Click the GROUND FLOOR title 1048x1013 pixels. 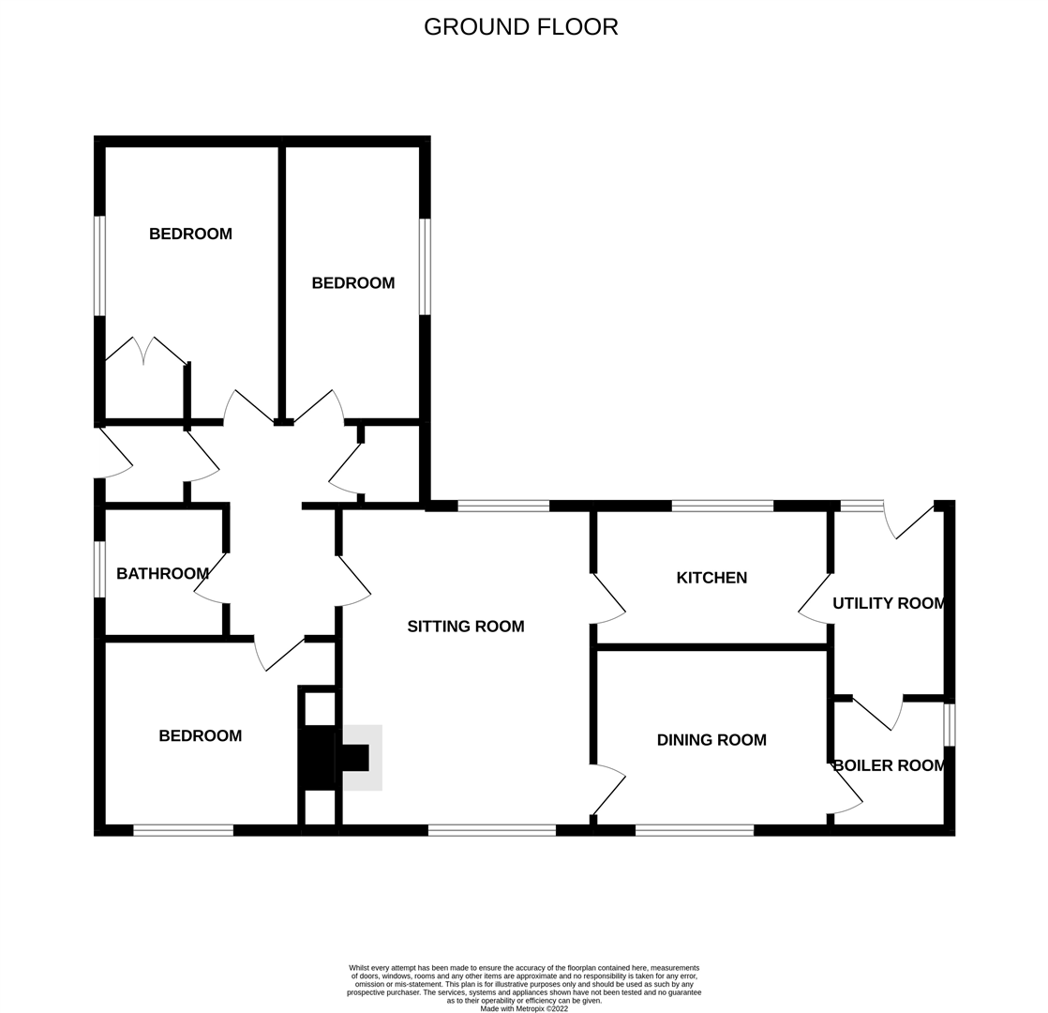[520, 27]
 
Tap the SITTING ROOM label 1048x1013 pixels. [465, 627]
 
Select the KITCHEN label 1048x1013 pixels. [711, 578]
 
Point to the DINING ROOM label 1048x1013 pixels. [711, 740]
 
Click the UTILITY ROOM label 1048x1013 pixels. [888, 603]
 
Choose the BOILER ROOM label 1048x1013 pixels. [888, 765]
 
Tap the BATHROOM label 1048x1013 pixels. [162, 573]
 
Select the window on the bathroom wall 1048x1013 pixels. [99, 569]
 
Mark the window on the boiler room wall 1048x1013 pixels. [949, 725]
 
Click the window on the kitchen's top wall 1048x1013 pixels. [722, 506]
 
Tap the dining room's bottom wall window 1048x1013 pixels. [694, 830]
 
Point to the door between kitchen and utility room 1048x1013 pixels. [814, 600]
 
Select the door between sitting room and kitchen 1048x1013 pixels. [609, 600]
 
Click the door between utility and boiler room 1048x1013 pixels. [878, 713]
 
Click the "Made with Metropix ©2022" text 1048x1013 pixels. [524, 1008]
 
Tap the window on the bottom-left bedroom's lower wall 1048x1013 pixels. [183, 830]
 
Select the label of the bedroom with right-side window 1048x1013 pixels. [352, 283]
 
